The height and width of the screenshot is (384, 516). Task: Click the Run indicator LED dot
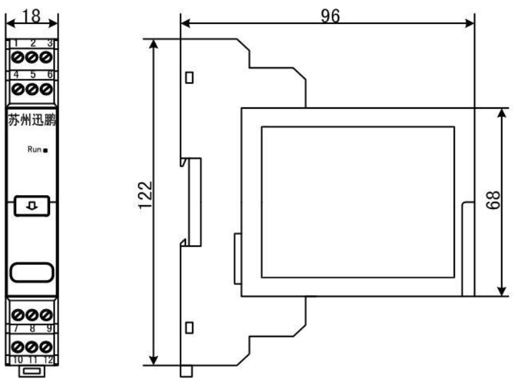point(46,150)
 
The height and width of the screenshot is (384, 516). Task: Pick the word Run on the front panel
point(34,150)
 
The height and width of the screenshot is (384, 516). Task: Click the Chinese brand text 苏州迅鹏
point(33,120)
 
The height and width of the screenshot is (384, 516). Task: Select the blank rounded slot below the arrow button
point(32,271)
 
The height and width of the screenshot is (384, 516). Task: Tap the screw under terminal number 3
point(45,57)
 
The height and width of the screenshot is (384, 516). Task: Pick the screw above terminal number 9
point(45,314)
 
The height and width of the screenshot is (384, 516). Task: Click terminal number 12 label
point(48,359)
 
